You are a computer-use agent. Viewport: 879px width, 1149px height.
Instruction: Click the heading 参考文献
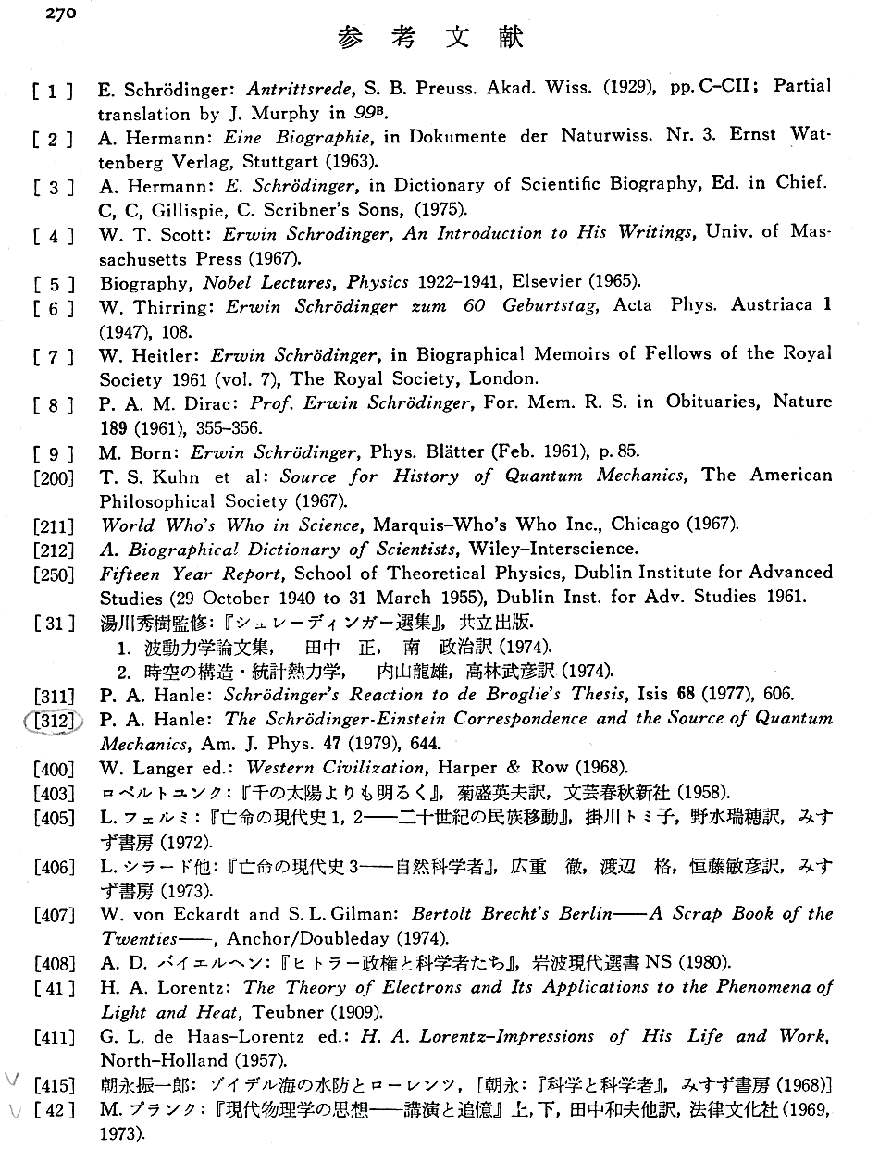coord(431,38)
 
